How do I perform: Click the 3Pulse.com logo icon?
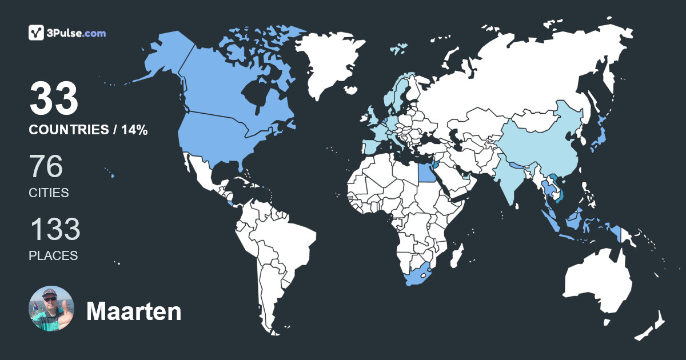tap(37, 33)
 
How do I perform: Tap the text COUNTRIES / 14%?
tap(88, 130)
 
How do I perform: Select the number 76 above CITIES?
tap(46, 167)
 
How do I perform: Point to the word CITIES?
tap(49, 193)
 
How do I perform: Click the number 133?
tap(55, 230)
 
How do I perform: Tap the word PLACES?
tap(53, 256)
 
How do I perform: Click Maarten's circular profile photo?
tap(51, 309)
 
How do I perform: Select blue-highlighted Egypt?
tap(424, 171)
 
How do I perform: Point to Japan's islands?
tap(598, 138)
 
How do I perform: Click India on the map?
tap(512, 177)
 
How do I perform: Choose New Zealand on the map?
tap(652, 326)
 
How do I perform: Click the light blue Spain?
tap(370, 146)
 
